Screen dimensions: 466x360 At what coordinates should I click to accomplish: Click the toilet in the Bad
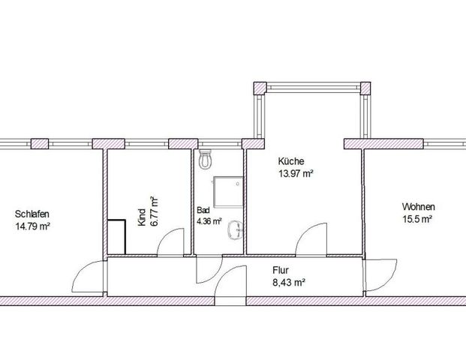click(x=206, y=159)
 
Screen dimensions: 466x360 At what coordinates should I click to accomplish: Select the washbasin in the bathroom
click(x=236, y=230)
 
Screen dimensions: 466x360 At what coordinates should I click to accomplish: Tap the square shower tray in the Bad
click(x=228, y=192)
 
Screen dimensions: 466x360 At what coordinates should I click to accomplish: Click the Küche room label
click(x=291, y=161)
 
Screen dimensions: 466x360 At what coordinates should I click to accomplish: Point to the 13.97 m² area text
click(x=296, y=173)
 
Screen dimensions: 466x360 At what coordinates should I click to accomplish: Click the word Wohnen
click(x=419, y=206)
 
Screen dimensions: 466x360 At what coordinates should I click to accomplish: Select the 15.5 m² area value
click(x=417, y=219)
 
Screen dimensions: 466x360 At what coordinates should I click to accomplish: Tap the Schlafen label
click(x=32, y=214)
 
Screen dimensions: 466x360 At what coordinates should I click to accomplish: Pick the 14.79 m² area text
click(x=32, y=226)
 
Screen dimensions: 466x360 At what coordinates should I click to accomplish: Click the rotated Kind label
click(x=142, y=217)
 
